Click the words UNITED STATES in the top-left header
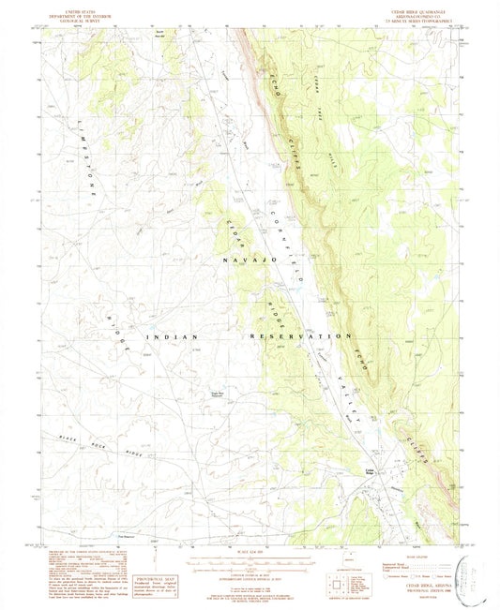75,6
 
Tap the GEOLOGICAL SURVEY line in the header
75,16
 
